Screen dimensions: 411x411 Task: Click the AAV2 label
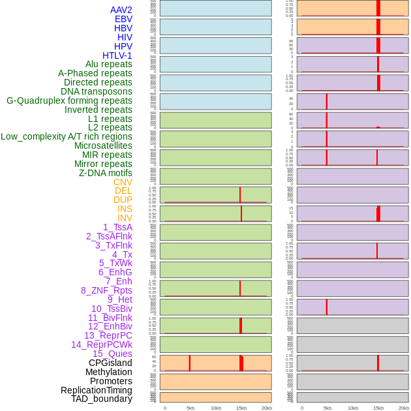coord(121,10)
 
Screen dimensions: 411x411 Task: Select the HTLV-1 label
coord(117,55)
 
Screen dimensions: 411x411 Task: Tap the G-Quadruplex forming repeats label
coord(69,100)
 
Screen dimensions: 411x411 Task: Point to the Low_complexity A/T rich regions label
coord(67,136)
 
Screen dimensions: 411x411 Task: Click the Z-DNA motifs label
coord(105,173)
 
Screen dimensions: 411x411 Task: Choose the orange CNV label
coord(123,182)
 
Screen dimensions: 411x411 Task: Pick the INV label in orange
coord(125,218)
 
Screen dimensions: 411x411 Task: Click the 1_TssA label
coord(117,227)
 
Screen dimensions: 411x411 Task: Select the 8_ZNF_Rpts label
coord(106,290)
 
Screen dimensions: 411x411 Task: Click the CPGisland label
coord(110,363)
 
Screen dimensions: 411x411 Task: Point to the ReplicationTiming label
coord(96,390)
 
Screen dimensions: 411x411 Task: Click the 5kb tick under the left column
coord(190,408)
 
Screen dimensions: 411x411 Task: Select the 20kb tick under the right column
coord(404,408)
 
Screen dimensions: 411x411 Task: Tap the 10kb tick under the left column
coord(216,408)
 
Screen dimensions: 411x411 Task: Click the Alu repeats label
coord(108,64)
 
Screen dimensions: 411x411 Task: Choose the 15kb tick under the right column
coord(378,408)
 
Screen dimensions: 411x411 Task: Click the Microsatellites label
coord(103,145)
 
